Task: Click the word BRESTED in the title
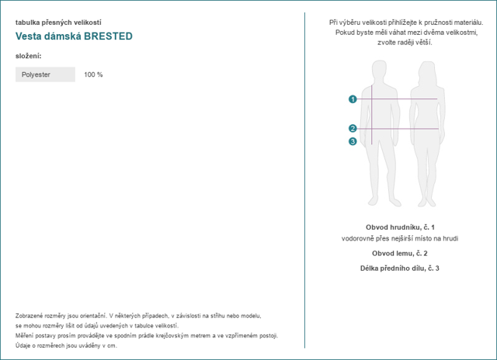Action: pyautogui.click(x=108, y=36)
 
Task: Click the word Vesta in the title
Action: pyautogui.click(x=28, y=36)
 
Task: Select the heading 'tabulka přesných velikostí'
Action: pyautogui.click(x=57, y=22)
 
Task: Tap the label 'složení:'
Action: pyautogui.click(x=28, y=56)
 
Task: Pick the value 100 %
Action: pyautogui.click(x=93, y=74)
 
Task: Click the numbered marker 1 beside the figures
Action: pyautogui.click(x=353, y=99)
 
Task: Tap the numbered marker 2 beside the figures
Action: pyautogui.click(x=353, y=129)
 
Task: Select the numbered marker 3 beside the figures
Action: pyautogui.click(x=353, y=141)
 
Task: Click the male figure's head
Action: pyautogui.click(x=379, y=67)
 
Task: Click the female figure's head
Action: pyautogui.click(x=427, y=67)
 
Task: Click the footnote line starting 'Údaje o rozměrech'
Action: pyautogui.click(x=66, y=346)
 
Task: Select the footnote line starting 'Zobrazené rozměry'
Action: pyautogui.click(x=138, y=316)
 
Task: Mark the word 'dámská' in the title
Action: pyautogui.click(x=62, y=36)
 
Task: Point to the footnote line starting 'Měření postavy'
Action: pyautogui.click(x=146, y=336)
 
